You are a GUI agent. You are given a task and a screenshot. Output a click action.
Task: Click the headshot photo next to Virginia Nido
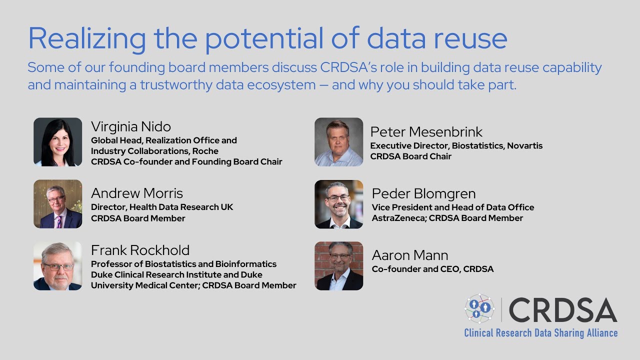coord(57,142)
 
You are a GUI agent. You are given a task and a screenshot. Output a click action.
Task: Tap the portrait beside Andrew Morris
coord(57,204)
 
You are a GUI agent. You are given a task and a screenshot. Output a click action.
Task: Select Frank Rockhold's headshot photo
coord(57,266)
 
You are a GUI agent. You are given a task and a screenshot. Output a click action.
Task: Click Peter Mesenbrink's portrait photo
coord(338,142)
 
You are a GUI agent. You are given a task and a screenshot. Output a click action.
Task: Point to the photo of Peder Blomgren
coord(338,204)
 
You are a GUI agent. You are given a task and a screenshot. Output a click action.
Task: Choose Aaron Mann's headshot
coord(338,266)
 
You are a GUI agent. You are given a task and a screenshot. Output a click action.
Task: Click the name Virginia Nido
coord(131,126)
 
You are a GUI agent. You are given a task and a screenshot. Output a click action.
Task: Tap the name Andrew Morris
coord(137,193)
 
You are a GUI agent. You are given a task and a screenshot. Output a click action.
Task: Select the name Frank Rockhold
coord(140,250)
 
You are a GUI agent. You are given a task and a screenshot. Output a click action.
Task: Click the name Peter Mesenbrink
coord(426,132)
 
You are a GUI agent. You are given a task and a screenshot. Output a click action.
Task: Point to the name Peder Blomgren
coord(423,193)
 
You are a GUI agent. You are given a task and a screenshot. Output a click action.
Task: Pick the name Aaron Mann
coord(409,255)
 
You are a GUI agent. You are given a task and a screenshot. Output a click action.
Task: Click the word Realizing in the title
coord(87,38)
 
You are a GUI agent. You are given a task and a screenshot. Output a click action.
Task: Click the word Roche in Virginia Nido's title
coord(205,151)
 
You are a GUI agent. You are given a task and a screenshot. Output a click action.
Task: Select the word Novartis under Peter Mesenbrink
coord(524,146)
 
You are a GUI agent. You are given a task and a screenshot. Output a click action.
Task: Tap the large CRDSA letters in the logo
coord(562,310)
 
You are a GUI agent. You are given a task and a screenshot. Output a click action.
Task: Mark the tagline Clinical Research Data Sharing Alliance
coord(540,333)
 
